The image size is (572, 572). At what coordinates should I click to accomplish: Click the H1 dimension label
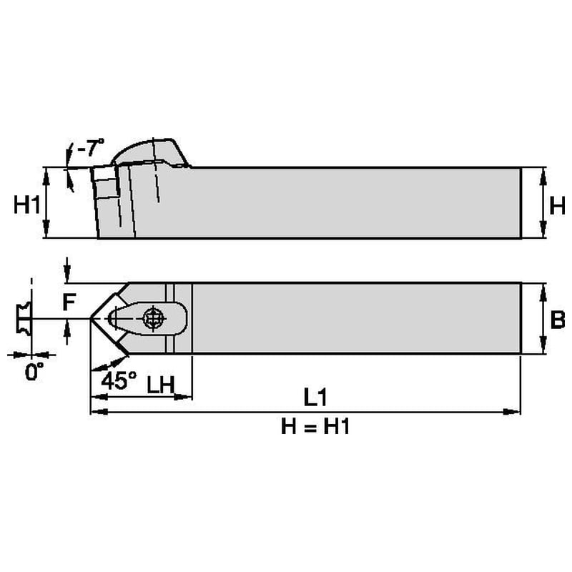coord(26,206)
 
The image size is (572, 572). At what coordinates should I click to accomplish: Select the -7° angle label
coord(90,149)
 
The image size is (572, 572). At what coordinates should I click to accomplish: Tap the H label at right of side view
coord(557,206)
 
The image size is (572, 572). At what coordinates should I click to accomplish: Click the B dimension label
coord(557,320)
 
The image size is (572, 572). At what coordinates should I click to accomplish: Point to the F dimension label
coord(68,303)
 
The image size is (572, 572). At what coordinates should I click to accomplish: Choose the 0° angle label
coord(34,372)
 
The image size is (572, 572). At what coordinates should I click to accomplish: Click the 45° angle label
coord(119,380)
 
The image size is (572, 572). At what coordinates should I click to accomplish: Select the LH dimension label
coord(161,384)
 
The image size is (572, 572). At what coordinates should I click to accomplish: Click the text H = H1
coord(315,427)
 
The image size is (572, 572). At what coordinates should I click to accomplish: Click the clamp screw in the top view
coord(152,318)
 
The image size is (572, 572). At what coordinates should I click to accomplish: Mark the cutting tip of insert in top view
coord(92,318)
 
